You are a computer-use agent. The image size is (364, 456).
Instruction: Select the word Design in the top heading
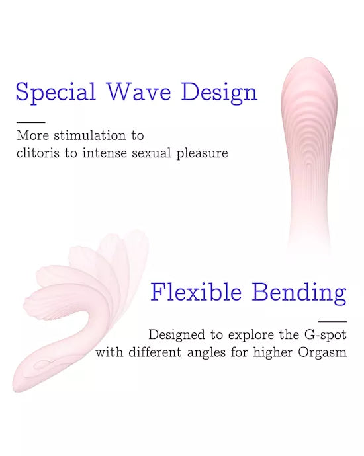(219, 92)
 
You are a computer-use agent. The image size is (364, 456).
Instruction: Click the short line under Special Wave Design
(30, 122)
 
